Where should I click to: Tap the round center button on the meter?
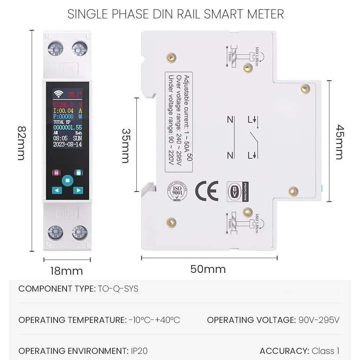coord(67,180)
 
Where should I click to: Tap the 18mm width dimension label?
coord(67,271)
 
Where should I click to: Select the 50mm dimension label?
coord(208,269)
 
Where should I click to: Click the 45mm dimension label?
coord(339,141)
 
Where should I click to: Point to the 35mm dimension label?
coord(125,145)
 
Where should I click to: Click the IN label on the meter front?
coord(68,68)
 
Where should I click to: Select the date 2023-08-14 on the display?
coord(67,144)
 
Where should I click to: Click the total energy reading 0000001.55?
coord(67,127)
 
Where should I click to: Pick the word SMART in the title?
coord(217,14)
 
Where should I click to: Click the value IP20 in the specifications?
coord(138,351)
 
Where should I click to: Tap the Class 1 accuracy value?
coord(325,351)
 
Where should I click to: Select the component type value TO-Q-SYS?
coord(118,289)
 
